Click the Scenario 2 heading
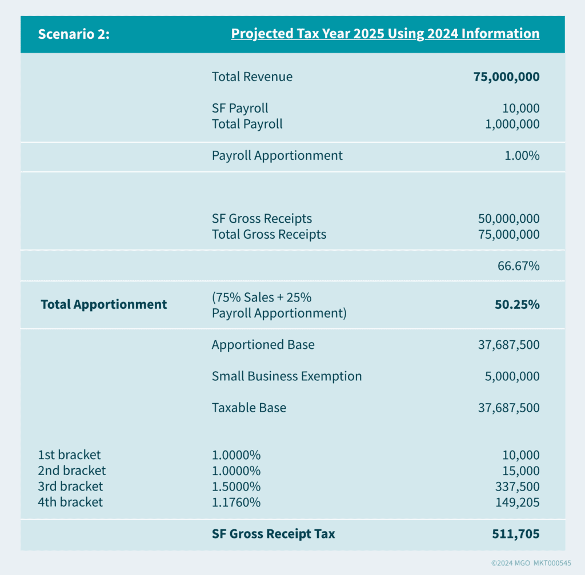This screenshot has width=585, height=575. click(74, 34)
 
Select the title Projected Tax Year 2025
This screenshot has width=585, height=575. click(385, 34)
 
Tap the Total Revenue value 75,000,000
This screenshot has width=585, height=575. click(506, 77)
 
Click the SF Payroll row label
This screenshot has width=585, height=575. click(240, 108)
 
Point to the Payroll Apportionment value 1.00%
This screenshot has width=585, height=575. click(522, 155)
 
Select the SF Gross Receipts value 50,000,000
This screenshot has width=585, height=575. click(508, 219)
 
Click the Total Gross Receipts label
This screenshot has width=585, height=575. click(269, 234)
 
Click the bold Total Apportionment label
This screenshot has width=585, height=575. click(104, 304)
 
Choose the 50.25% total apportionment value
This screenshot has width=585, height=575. click(517, 304)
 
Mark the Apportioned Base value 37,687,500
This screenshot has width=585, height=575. click(508, 345)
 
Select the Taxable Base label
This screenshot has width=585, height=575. click(249, 408)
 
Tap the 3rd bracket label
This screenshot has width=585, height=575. click(70, 486)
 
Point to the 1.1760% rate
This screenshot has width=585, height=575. click(236, 502)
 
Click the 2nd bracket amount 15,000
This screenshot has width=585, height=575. click(521, 471)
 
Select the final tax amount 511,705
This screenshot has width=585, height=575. click(516, 534)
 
